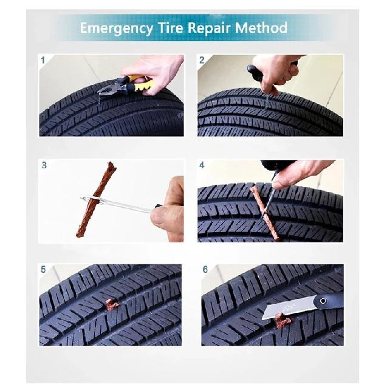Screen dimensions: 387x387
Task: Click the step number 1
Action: [43, 60]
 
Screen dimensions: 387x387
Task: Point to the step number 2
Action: [202, 60]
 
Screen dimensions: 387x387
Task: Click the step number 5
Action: [43, 269]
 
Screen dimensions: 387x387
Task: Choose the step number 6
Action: [205, 269]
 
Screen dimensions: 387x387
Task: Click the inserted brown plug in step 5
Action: [112, 304]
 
